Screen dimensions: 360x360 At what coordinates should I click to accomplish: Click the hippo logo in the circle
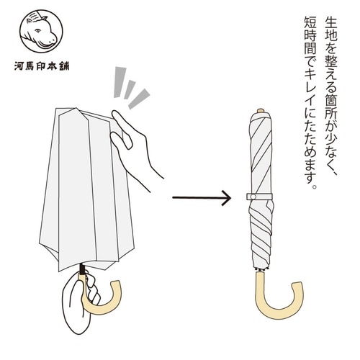pyautogui.click(x=41, y=31)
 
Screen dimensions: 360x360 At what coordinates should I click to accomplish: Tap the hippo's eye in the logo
pyautogui.click(x=37, y=30)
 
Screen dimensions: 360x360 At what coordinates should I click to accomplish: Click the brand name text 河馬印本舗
pyautogui.click(x=42, y=66)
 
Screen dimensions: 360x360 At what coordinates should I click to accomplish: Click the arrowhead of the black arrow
pyautogui.click(x=226, y=198)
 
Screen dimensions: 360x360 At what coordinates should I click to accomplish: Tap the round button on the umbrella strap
pyautogui.click(x=253, y=197)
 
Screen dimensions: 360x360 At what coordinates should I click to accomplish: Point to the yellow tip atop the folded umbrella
pyautogui.click(x=261, y=111)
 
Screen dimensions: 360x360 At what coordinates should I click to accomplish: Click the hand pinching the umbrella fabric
pyautogui.click(x=135, y=149)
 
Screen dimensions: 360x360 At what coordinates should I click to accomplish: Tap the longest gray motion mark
pyautogui.click(x=120, y=82)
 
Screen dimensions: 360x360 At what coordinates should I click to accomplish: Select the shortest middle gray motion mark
pyautogui.click(x=130, y=89)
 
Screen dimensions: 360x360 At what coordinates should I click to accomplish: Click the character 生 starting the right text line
pyautogui.click(x=331, y=23)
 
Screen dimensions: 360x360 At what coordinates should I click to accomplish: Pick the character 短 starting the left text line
pyautogui.click(x=310, y=23)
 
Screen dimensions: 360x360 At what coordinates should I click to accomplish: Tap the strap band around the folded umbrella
pyautogui.click(x=259, y=197)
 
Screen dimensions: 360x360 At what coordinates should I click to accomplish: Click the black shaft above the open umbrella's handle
pyautogui.click(x=82, y=269)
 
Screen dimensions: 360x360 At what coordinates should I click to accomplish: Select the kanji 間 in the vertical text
pyautogui.click(x=310, y=50)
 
